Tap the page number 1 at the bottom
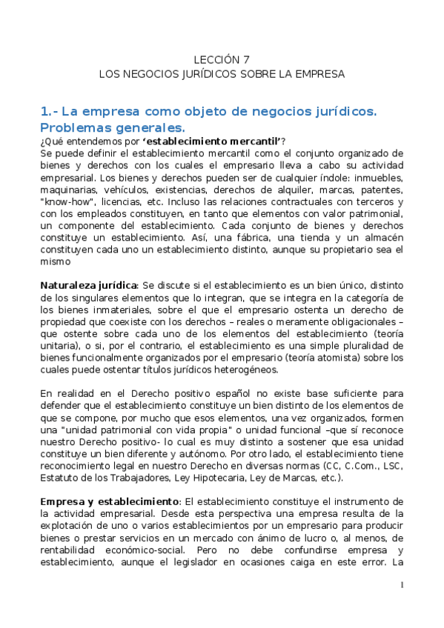coord(401,586)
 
